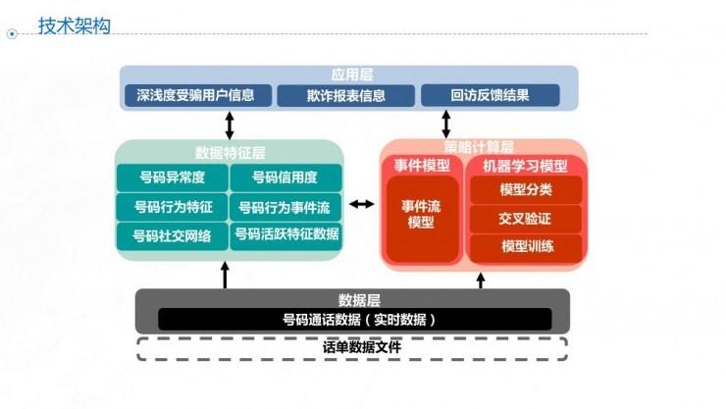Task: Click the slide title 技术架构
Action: (x=74, y=26)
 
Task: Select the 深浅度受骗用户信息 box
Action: (x=196, y=95)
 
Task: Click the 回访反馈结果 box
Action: (x=490, y=95)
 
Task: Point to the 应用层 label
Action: (x=351, y=75)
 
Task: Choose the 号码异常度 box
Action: (x=172, y=179)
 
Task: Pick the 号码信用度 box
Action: (x=285, y=179)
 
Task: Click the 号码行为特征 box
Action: (x=172, y=207)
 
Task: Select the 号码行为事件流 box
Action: (x=285, y=207)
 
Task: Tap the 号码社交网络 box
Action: (x=172, y=235)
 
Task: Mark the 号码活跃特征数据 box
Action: (x=285, y=234)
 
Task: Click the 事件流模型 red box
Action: (x=421, y=217)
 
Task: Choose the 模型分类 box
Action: (x=526, y=189)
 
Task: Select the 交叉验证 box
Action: (x=526, y=218)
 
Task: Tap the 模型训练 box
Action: (x=526, y=246)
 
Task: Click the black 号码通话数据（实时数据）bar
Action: (x=353, y=319)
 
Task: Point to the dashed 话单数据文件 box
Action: (x=352, y=347)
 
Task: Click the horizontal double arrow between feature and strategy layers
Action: (x=362, y=204)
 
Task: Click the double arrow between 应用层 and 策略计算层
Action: (x=446, y=124)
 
